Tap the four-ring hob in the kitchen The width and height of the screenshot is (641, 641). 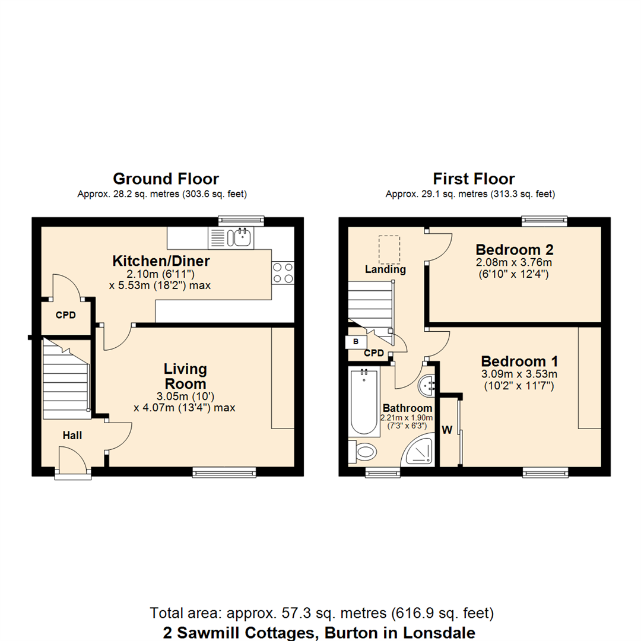pyautogui.click(x=283, y=272)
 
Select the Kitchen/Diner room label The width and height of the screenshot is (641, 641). pyautogui.click(x=161, y=261)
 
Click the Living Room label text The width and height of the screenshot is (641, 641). pyautogui.click(x=185, y=376)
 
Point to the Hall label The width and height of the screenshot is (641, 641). pyautogui.click(x=72, y=436)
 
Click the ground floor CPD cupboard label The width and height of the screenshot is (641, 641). pyautogui.click(x=66, y=315)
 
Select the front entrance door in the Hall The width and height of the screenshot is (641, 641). pyautogui.click(x=72, y=462)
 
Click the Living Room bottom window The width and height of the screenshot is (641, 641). pyautogui.click(x=224, y=472)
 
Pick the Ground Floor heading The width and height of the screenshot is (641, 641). pyautogui.click(x=166, y=179)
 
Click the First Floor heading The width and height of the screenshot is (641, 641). pyautogui.click(x=474, y=179)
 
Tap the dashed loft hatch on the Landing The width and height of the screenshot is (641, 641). pyautogui.click(x=389, y=250)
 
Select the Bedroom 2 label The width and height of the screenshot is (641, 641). pyautogui.click(x=514, y=248)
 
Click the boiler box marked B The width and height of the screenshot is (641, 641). pyautogui.click(x=356, y=342)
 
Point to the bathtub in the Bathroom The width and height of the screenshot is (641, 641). pyautogui.click(x=363, y=402)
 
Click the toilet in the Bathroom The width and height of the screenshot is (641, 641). pyautogui.click(x=363, y=452)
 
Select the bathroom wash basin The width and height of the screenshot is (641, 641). pyautogui.click(x=427, y=387)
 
